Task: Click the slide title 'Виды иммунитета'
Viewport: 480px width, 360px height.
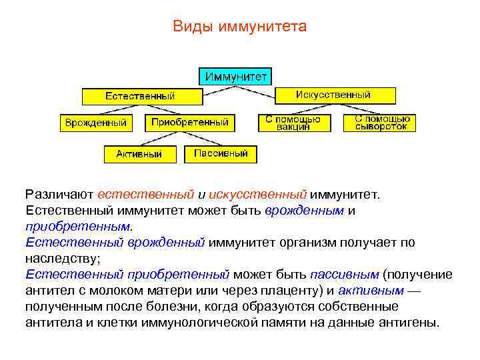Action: click(239, 27)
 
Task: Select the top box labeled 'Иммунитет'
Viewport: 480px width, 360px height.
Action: click(236, 75)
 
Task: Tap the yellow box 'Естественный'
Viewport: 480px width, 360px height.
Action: click(141, 96)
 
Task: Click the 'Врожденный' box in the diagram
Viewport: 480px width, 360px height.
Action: click(96, 123)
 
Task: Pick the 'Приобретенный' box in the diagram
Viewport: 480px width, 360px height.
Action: click(189, 122)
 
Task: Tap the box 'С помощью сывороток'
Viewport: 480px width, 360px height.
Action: click(381, 123)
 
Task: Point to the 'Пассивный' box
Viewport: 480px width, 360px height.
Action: click(221, 154)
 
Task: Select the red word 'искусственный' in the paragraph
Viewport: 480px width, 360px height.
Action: click(257, 195)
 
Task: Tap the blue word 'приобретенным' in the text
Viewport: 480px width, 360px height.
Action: click(73, 226)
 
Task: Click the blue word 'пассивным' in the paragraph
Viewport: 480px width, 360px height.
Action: click(345, 274)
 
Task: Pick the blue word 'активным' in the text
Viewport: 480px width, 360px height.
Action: click(370, 290)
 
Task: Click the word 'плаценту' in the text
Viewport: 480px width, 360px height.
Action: click(271, 290)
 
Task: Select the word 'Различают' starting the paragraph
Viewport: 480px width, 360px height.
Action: click(59, 195)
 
